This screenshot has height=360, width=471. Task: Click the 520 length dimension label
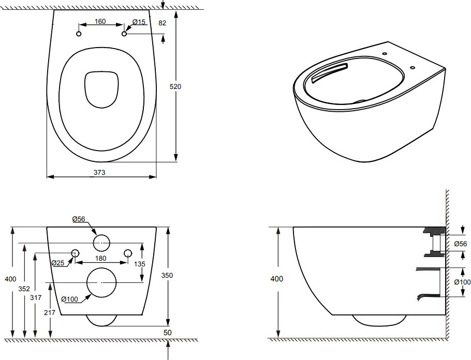coord(175,87)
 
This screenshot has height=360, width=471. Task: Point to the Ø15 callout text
coord(138,22)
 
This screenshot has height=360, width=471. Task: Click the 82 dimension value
coord(163,23)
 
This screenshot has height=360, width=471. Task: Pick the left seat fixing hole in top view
coord(79,34)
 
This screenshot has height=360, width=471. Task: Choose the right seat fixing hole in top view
coord(124,34)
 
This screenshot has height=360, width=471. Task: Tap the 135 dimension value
coord(139,263)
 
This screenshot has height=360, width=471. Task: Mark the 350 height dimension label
coord(167,276)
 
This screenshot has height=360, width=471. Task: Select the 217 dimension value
coord(50,312)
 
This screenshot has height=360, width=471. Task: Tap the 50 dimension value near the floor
coord(167,332)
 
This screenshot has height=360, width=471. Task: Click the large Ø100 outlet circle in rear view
coord(101,282)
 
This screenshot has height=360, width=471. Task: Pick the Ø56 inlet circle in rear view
coord(101,242)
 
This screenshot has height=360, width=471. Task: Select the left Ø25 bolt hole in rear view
coord(75,253)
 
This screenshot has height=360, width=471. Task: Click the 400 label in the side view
coord(277,279)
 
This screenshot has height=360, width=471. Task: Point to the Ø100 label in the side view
coord(462,282)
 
